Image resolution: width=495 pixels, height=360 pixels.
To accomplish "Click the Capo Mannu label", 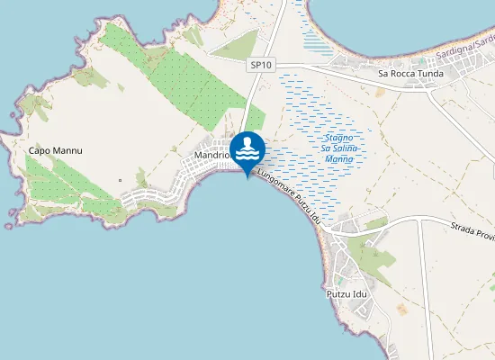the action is pyautogui.click(x=56, y=150).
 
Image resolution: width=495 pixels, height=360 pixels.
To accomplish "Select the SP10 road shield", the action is pyautogui.click(x=260, y=65).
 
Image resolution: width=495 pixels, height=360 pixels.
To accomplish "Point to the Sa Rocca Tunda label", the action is pyautogui.click(x=412, y=74).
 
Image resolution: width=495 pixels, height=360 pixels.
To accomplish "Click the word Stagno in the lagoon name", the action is pyautogui.click(x=340, y=137).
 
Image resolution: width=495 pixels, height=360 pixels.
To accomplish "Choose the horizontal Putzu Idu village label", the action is pyautogui.click(x=347, y=294).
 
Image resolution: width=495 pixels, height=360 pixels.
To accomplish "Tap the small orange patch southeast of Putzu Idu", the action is pyautogui.click(x=401, y=310).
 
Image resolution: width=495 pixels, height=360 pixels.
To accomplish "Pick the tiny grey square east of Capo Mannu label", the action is pyautogui.click(x=120, y=180).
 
